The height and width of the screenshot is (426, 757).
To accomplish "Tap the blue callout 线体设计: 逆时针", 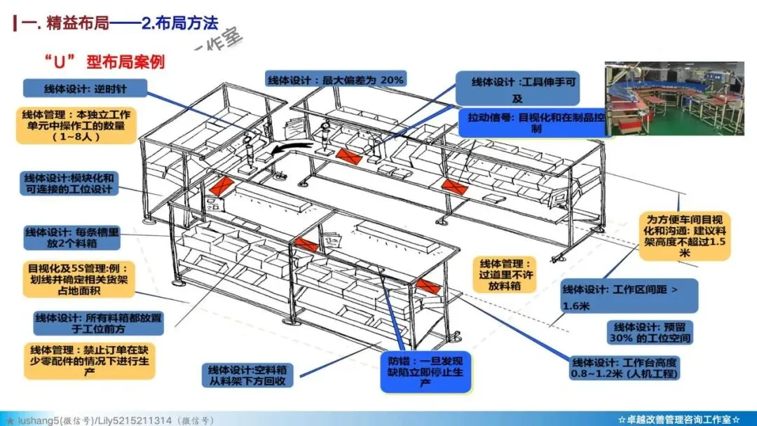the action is tap(85, 88).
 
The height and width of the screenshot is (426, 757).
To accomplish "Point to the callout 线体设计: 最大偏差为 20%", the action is tap(336, 80).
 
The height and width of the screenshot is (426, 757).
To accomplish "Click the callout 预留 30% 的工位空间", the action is tap(653, 333).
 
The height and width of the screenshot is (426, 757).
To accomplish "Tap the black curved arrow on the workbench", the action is tap(290, 149).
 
